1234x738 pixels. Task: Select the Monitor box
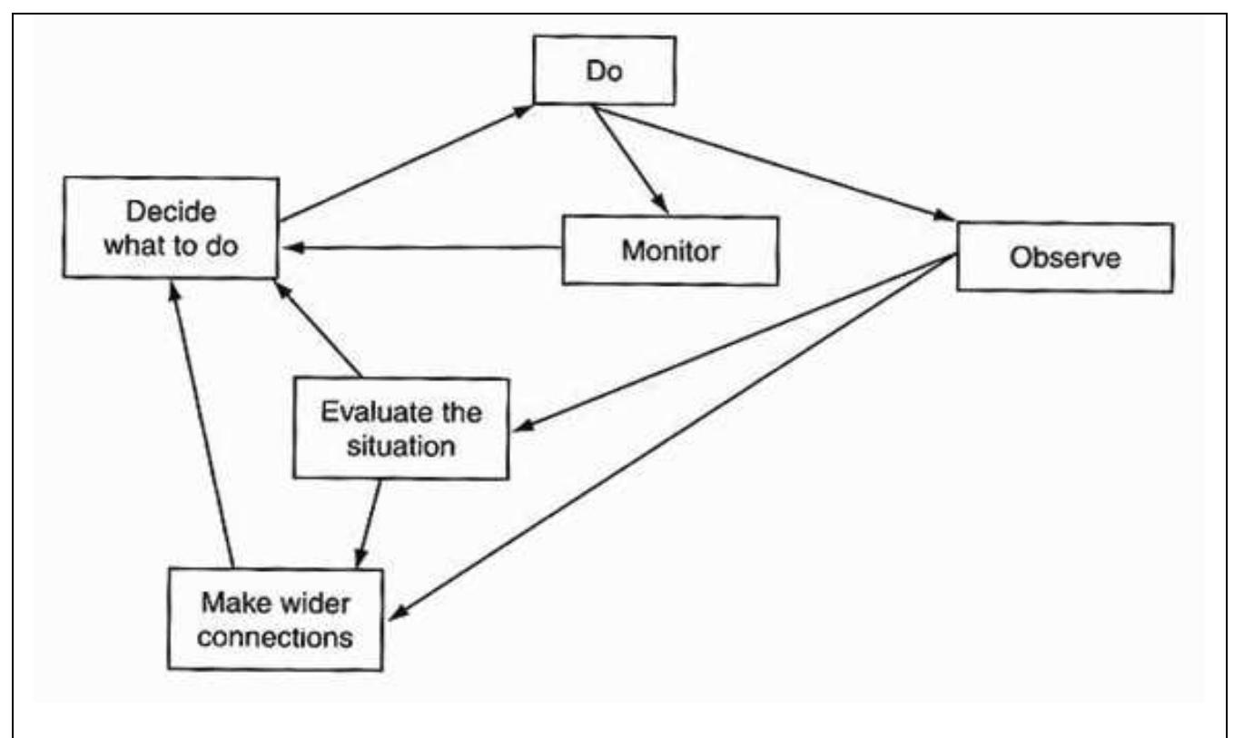(670, 251)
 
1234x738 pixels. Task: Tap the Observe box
(1065, 257)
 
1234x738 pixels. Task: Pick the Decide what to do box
(171, 227)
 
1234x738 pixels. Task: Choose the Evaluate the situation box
(401, 427)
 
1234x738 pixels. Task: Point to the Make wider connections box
(275, 617)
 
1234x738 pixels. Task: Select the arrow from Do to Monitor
(630, 160)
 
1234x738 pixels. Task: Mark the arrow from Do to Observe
(772, 162)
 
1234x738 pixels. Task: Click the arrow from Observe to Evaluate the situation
(733, 340)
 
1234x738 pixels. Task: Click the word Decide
(172, 212)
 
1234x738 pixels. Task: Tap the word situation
(401, 444)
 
